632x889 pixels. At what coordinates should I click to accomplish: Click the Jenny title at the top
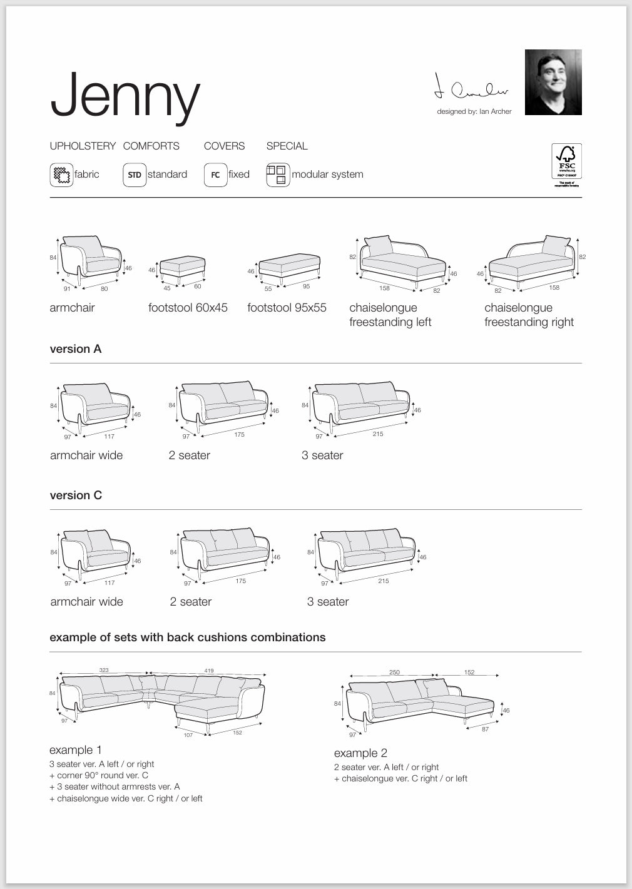point(125,96)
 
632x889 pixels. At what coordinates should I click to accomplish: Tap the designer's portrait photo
point(553,82)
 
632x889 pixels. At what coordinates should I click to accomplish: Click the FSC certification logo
point(566,164)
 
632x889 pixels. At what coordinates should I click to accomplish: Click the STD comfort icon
point(134,175)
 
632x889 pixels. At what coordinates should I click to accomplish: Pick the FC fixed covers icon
point(215,175)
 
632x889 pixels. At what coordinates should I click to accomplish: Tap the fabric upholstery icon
point(61,175)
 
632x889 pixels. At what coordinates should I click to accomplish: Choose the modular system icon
point(278,175)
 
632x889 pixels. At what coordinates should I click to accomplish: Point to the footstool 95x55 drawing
point(288,268)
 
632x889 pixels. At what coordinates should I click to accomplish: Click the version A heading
point(76,349)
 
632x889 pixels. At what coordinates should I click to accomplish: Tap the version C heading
point(76,495)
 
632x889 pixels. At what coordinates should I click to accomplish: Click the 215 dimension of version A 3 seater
point(378,434)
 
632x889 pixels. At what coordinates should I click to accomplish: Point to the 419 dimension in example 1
point(209,671)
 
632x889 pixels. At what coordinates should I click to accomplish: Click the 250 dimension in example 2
point(394,673)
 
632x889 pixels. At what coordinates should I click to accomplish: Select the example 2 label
point(360,753)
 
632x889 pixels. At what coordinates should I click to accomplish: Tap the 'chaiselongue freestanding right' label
point(529,315)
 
